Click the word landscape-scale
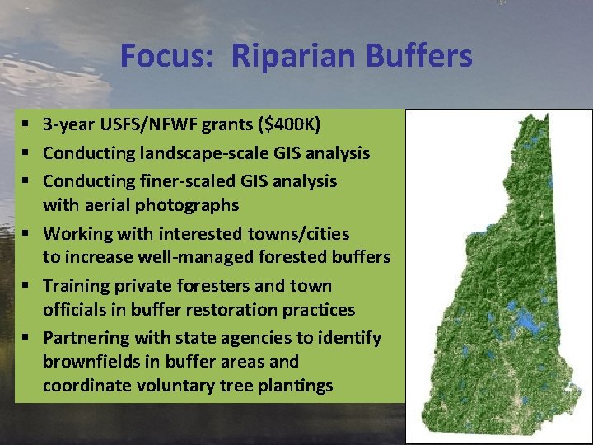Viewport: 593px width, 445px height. point(193,153)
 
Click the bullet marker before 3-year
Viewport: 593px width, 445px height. point(27,126)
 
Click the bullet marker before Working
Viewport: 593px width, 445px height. point(27,234)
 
